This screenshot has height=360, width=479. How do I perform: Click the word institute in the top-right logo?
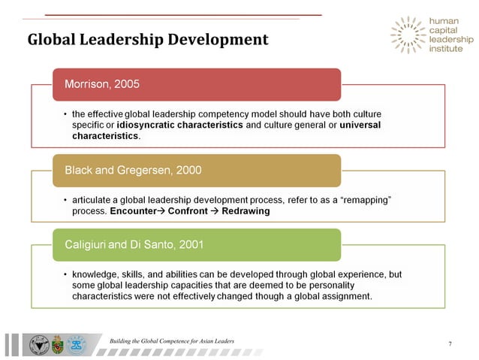(x=446, y=49)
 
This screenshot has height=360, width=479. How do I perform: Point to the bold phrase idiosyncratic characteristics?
(x=180, y=125)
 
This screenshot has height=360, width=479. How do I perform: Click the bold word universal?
(x=360, y=125)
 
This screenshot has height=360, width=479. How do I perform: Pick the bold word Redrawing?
(x=244, y=211)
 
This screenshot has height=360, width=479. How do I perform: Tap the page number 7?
(x=449, y=343)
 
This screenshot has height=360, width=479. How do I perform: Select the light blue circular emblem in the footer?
(x=77, y=345)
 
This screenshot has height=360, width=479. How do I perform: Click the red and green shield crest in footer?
(x=58, y=345)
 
